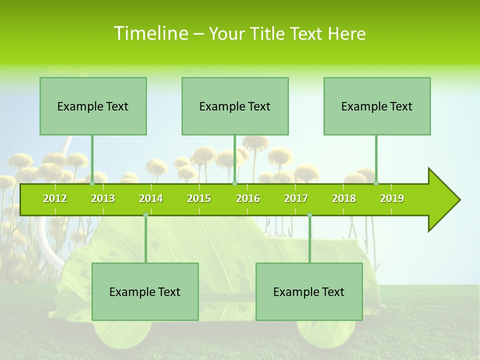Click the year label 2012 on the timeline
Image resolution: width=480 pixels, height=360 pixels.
[55, 198]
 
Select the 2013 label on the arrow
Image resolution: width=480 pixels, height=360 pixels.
[103, 198]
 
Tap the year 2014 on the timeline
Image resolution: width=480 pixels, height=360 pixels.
[151, 198]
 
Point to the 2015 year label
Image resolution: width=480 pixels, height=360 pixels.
[199, 198]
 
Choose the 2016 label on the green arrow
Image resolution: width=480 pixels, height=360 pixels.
[248, 198]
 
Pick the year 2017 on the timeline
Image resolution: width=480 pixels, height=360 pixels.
[296, 198]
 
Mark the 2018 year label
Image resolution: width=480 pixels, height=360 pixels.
[344, 198]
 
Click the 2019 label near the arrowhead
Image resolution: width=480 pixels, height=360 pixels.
[392, 198]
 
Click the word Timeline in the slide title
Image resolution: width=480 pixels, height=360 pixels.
[149, 33]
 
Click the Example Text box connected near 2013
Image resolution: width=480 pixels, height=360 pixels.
[93, 106]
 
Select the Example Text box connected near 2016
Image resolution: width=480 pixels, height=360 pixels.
[235, 106]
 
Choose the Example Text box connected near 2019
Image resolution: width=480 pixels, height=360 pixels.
[377, 106]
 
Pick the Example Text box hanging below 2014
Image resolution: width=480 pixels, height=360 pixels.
[145, 291]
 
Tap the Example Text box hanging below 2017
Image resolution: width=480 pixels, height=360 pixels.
[309, 291]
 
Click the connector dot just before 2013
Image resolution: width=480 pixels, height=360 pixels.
[92, 183]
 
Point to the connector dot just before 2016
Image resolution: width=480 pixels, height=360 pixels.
[234, 183]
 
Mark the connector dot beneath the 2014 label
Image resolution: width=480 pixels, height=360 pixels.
[145, 215]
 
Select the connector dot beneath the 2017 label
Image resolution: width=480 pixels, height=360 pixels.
[309, 215]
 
